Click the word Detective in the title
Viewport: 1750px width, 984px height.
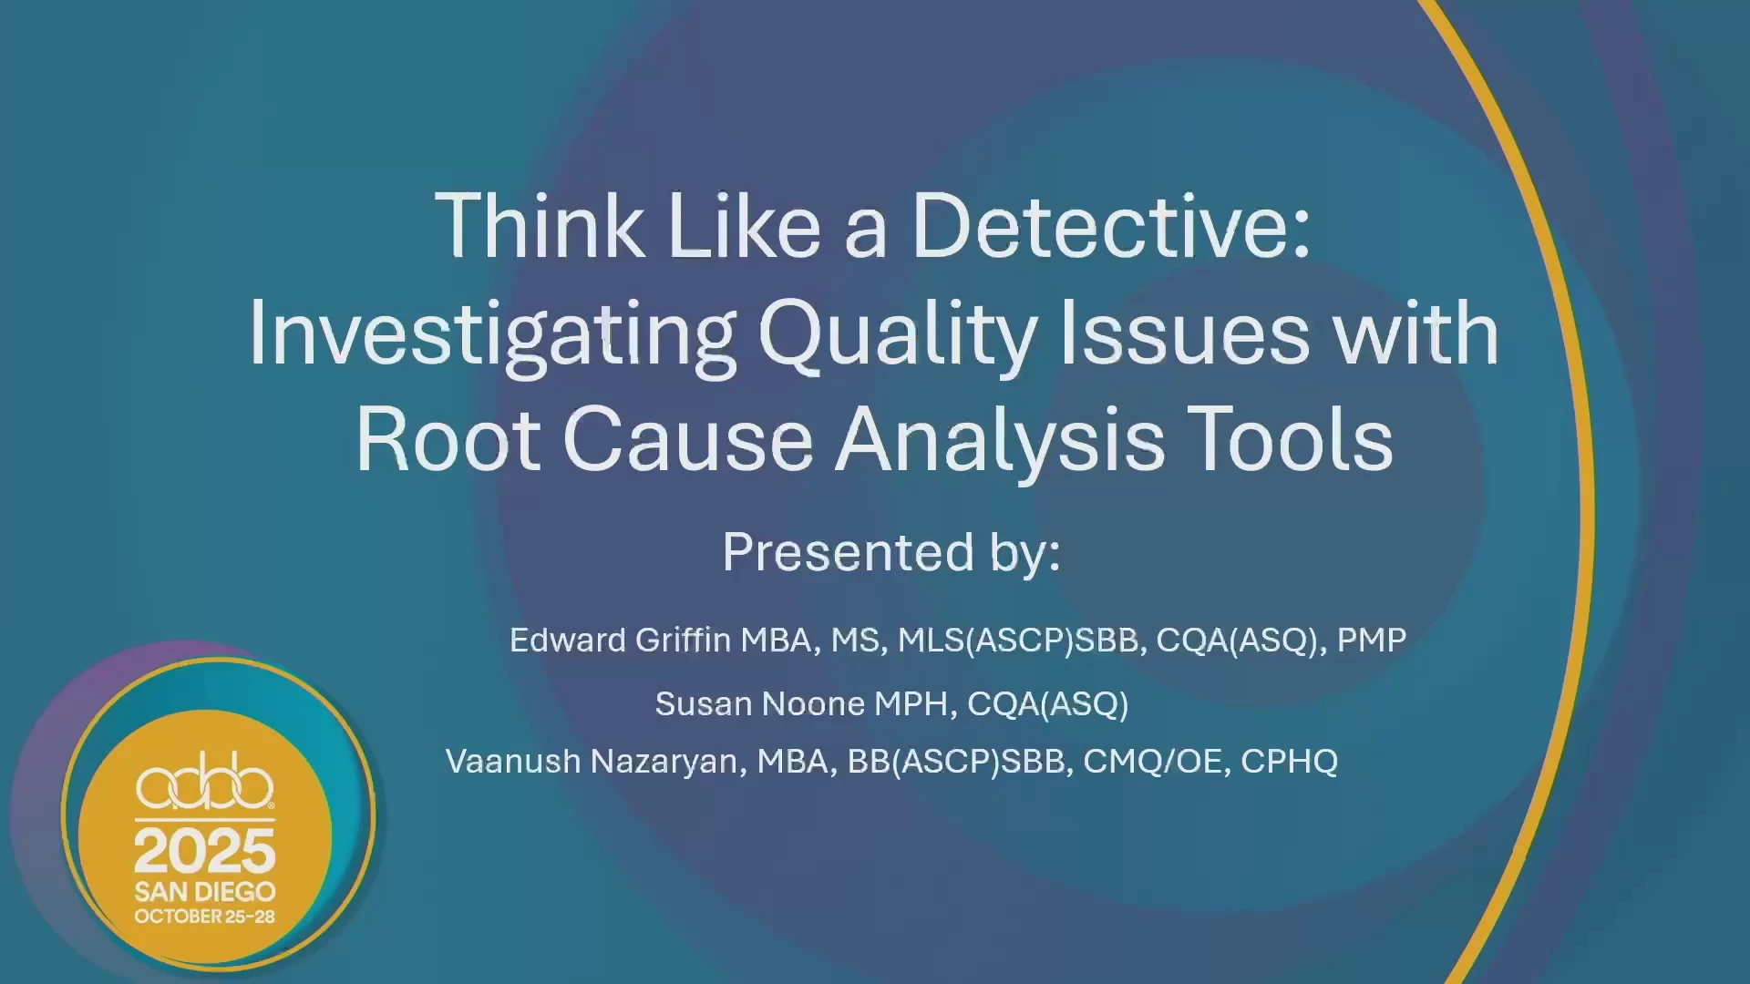pyautogui.click(x=1111, y=226)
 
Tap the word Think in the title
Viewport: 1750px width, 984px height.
pyautogui.click(x=540, y=226)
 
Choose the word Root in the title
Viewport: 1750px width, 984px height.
pyautogui.click(x=448, y=440)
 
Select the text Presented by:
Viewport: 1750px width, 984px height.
pyautogui.click(x=891, y=552)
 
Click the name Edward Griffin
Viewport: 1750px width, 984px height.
pyautogui.click(x=620, y=640)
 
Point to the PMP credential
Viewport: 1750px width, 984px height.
pyautogui.click(x=1372, y=640)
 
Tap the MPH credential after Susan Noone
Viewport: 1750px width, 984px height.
pyautogui.click(x=914, y=704)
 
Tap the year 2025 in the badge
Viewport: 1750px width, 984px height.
pyautogui.click(x=205, y=851)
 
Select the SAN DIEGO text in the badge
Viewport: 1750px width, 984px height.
pyautogui.click(x=205, y=891)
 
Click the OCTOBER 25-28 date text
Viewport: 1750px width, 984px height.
pyautogui.click(x=205, y=917)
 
